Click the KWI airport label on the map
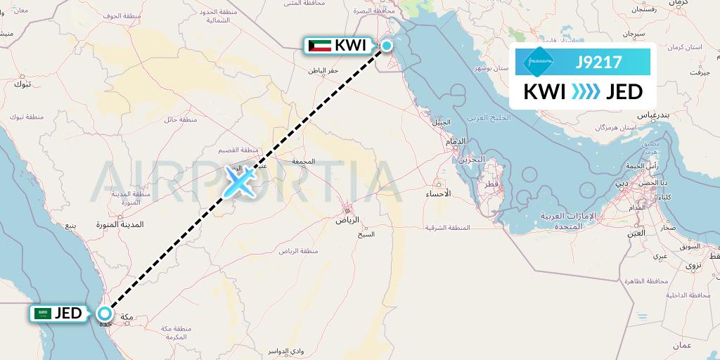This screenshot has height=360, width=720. click(349, 46)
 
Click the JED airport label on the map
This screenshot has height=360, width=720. click(68, 313)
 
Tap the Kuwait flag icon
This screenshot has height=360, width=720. click(320, 46)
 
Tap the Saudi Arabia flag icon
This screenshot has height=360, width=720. click(43, 314)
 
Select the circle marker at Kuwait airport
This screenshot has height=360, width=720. click(386, 46)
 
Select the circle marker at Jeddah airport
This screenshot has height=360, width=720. click(105, 314)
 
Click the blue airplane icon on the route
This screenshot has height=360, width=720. click(239, 182)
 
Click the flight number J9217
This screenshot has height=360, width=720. click(598, 62)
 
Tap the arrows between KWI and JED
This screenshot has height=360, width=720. click(585, 92)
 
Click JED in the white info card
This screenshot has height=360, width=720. click(624, 92)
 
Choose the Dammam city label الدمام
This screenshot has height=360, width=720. click(456, 141)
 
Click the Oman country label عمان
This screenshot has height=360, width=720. click(681, 345)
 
